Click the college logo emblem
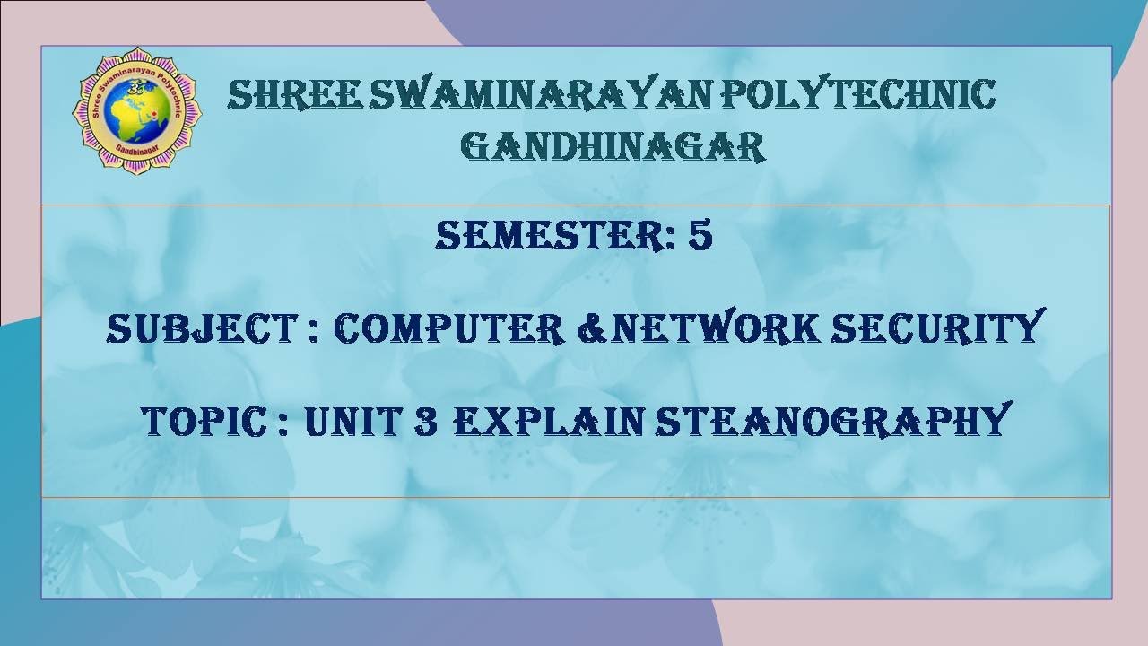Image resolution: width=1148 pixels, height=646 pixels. tap(136, 110)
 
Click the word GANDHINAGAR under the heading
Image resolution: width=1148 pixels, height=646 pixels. tap(613, 146)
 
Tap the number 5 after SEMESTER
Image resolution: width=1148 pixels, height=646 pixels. tap(700, 235)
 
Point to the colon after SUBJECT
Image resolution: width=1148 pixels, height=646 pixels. tap(311, 331)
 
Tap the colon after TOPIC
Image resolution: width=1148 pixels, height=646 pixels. tap(283, 423)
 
